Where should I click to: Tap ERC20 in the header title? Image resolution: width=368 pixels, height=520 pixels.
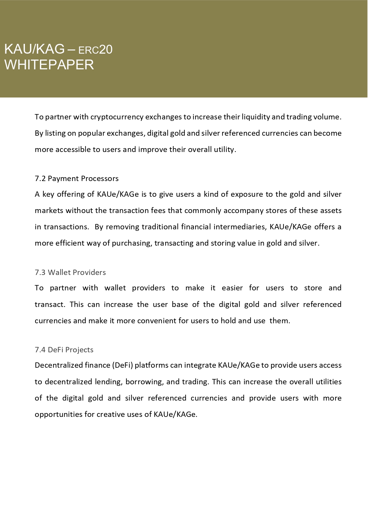pos(95,50)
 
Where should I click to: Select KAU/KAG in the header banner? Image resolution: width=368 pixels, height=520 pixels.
pos(34,49)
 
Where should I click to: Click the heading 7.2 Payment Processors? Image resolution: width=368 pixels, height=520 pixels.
pos(77,178)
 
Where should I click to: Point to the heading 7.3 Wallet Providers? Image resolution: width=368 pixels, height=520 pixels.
pos(70,272)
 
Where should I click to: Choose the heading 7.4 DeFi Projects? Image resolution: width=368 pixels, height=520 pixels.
pos(64,350)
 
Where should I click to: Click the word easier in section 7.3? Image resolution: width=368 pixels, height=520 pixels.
pos(232,288)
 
